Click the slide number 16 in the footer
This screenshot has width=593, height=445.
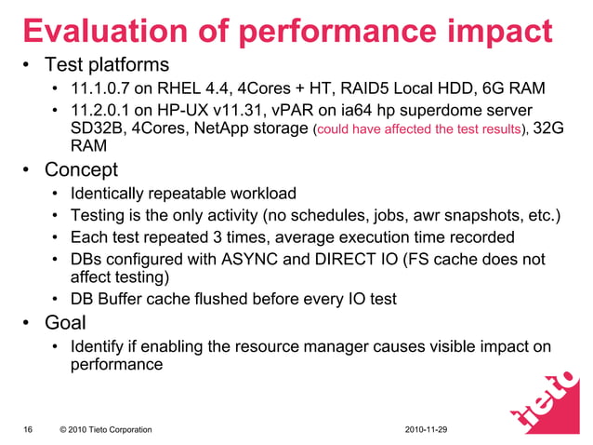28,429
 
